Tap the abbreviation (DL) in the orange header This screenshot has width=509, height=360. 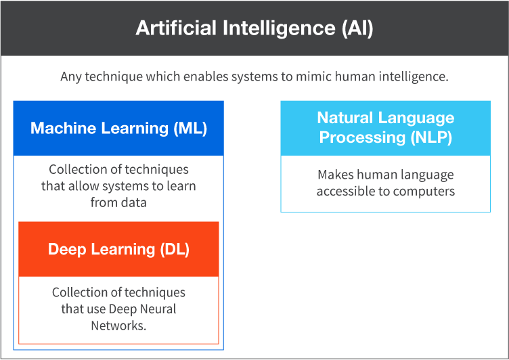tap(175, 249)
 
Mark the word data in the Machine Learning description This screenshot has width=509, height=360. tap(133, 202)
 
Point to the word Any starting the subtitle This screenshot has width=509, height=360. tap(70, 76)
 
